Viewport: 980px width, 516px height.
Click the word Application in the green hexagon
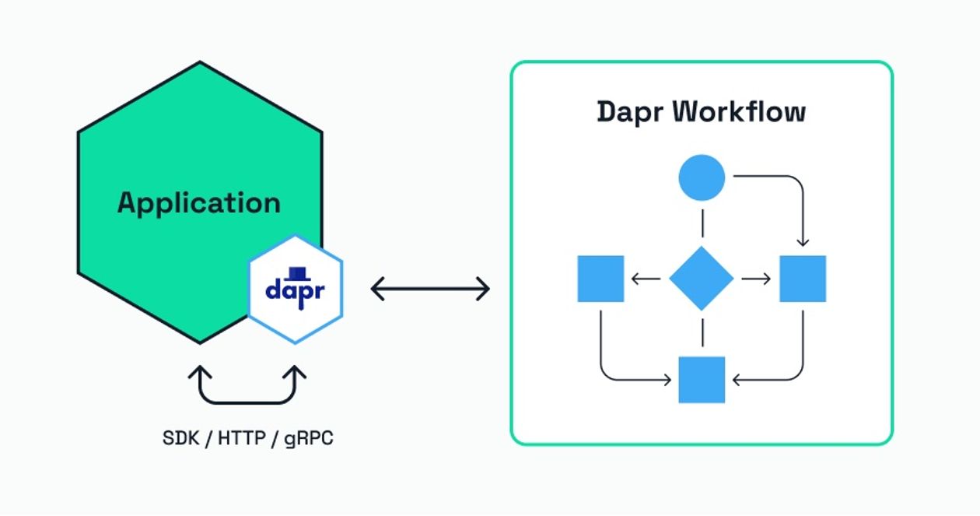pos(199,203)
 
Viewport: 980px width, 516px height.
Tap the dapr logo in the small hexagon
pos(295,289)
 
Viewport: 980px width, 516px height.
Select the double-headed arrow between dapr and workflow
pos(430,290)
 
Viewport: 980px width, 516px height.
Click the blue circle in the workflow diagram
pos(702,178)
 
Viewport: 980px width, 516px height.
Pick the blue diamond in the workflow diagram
pos(702,279)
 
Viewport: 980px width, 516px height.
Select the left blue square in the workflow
pos(600,279)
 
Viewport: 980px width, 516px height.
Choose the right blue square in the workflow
pos(803,279)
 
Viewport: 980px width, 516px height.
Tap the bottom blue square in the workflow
pos(702,380)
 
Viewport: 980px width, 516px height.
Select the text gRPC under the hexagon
pos(309,437)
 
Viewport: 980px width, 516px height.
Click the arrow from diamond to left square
pos(646,279)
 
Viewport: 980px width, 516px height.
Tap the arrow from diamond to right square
pos(756,279)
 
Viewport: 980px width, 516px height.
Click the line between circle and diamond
pos(702,223)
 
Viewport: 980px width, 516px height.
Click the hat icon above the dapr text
pos(295,273)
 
